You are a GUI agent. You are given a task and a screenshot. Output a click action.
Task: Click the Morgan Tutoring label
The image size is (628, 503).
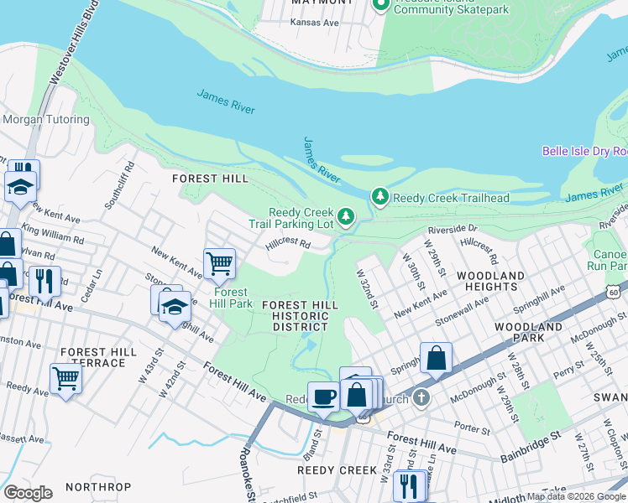coord(45,120)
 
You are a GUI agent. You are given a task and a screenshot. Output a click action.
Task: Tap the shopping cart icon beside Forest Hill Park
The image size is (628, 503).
coord(219,263)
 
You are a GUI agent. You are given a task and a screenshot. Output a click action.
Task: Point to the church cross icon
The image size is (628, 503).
coord(421,397)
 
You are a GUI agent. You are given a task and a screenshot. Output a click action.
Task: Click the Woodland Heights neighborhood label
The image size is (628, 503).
coord(491,281)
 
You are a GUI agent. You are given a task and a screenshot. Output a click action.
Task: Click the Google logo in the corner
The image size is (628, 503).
coord(28,493)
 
